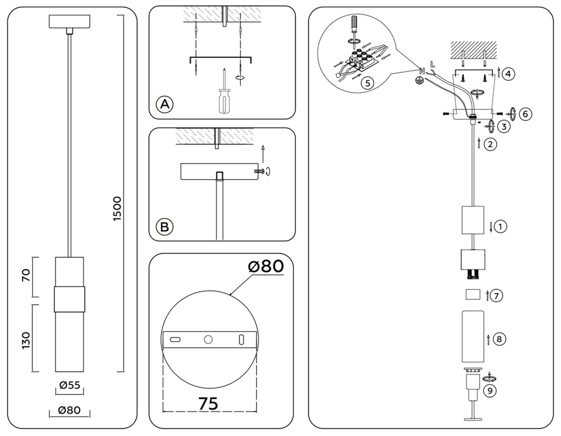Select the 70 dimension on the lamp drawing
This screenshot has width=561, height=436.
pyautogui.click(x=26, y=276)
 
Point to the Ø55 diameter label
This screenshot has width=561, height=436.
pyautogui.click(x=69, y=385)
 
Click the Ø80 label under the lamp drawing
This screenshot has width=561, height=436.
pyautogui.click(x=69, y=410)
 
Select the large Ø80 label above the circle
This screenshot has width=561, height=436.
pyautogui.click(x=266, y=267)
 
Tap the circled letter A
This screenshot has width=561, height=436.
pyautogui.click(x=164, y=104)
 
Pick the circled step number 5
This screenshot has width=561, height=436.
pyautogui.click(x=367, y=83)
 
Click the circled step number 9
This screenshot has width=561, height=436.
pyautogui.click(x=490, y=391)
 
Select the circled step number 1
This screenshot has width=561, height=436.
pyautogui.click(x=500, y=227)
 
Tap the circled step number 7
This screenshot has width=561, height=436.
pyautogui.click(x=497, y=295)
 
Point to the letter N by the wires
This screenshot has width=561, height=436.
pyautogui.click(x=422, y=71)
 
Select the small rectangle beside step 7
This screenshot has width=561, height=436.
pyautogui.click(x=473, y=294)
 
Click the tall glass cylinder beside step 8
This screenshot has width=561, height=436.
pyautogui.click(x=473, y=336)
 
